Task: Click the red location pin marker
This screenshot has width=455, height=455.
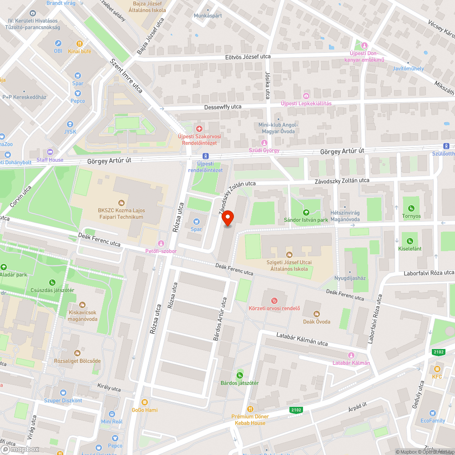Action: (x=227, y=218)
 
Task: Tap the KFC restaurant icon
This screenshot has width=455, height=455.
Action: (x=437, y=369)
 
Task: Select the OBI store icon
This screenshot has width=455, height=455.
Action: (x=58, y=43)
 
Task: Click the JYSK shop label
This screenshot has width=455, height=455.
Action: (x=70, y=132)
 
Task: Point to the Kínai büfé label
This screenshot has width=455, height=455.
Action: (x=80, y=51)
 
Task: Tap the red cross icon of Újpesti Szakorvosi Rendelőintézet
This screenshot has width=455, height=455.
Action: (x=199, y=129)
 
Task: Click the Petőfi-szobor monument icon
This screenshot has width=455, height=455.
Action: (x=160, y=243)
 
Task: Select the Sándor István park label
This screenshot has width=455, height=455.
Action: (x=306, y=220)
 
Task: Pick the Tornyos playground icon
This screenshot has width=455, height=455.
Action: (x=411, y=208)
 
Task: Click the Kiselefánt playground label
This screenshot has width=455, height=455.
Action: (x=410, y=249)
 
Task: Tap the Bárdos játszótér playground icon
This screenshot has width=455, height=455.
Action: (x=240, y=374)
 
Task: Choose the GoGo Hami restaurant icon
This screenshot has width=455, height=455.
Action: (x=145, y=402)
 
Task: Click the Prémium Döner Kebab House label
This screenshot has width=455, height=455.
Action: (x=250, y=420)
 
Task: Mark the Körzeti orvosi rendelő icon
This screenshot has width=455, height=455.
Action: (x=274, y=300)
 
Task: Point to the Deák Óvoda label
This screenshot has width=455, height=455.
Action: (x=317, y=322)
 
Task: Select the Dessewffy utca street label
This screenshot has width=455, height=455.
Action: (x=223, y=107)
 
